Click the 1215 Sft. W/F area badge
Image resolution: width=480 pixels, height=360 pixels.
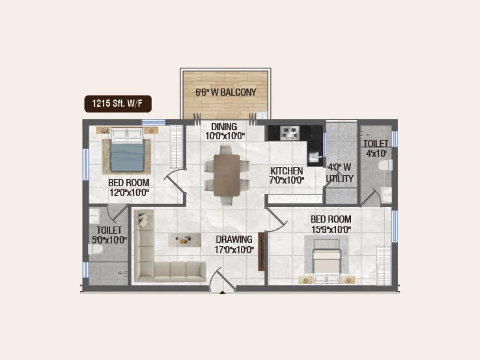click(x=118, y=104)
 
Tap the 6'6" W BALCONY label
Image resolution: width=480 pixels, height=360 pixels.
click(x=226, y=92)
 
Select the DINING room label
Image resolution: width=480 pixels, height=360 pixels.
click(x=224, y=131)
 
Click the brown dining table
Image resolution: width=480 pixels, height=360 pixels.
click(x=226, y=175)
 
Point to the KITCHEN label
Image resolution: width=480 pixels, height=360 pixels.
click(x=287, y=175)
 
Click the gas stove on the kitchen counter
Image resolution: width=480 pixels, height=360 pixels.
click(x=289, y=133)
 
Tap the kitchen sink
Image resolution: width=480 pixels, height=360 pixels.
click(x=314, y=157)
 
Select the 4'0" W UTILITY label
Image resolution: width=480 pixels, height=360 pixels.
click(x=340, y=173)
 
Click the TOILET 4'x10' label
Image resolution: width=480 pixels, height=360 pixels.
click(x=376, y=148)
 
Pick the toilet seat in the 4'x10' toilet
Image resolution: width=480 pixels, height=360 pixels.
click(x=385, y=165)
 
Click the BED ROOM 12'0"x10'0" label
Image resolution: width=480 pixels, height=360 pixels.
click(x=129, y=187)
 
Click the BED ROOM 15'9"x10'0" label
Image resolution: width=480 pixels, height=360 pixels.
click(x=331, y=224)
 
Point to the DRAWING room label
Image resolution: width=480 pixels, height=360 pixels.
click(x=234, y=244)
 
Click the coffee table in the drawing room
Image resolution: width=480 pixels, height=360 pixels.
click(x=184, y=240)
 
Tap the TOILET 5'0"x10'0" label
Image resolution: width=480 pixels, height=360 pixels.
click(x=109, y=235)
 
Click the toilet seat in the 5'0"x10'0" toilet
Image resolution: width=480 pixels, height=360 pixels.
click(x=95, y=249)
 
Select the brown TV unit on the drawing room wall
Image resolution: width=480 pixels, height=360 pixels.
click(x=262, y=251)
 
